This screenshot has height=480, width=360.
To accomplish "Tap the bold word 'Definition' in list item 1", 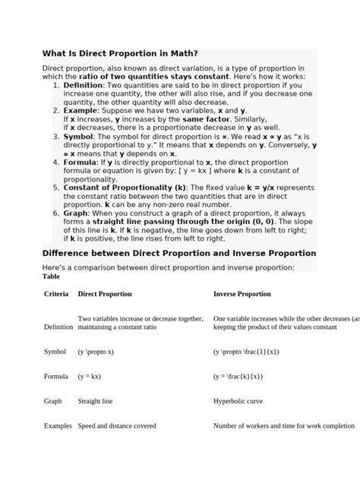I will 87,86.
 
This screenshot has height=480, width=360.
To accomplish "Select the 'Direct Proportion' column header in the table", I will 105,294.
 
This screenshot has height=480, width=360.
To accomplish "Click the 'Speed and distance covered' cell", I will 117,426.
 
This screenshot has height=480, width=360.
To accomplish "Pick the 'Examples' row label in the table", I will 58,426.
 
